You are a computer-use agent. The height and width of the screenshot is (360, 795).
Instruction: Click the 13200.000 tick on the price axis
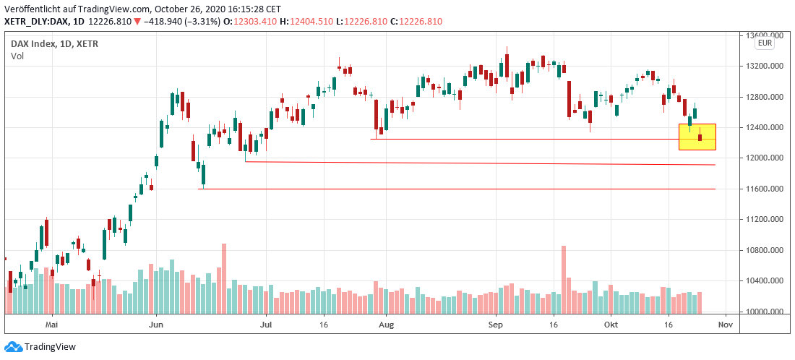pos(765,66)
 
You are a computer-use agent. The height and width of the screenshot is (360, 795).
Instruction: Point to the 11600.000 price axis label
pos(765,189)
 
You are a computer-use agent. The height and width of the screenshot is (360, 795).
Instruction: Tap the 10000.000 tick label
pos(765,312)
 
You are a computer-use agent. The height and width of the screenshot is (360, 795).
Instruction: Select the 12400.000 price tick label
pos(765,127)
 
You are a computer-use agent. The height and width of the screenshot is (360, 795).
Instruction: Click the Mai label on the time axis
pos(51,325)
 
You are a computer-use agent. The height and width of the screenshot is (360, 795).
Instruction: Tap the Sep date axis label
pos(495,325)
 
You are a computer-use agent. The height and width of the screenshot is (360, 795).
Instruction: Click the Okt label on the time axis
pos(611,325)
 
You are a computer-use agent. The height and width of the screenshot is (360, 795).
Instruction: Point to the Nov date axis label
pos(726,325)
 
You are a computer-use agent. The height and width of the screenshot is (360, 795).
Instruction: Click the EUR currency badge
pos(765,44)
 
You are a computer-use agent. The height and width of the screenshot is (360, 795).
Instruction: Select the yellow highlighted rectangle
pos(697,137)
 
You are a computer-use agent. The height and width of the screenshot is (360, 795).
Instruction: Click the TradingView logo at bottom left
pos(40,347)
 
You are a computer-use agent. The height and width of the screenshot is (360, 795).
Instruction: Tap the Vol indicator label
pos(17,56)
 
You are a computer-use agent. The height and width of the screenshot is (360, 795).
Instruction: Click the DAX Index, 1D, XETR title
pos(54,43)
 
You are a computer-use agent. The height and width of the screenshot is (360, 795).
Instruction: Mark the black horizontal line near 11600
pos(455,189)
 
